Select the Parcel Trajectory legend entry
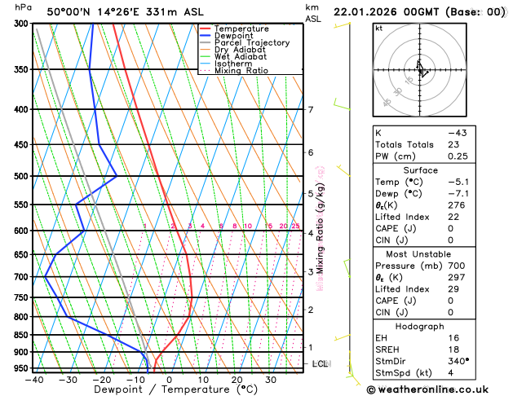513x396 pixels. click(x=252, y=42)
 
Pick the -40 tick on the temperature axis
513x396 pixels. click(x=33, y=379)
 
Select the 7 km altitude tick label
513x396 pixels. click(x=311, y=110)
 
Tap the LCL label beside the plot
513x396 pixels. click(x=320, y=363)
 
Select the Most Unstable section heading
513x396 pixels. click(x=415, y=253)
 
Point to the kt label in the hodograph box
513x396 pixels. click(x=378, y=28)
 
